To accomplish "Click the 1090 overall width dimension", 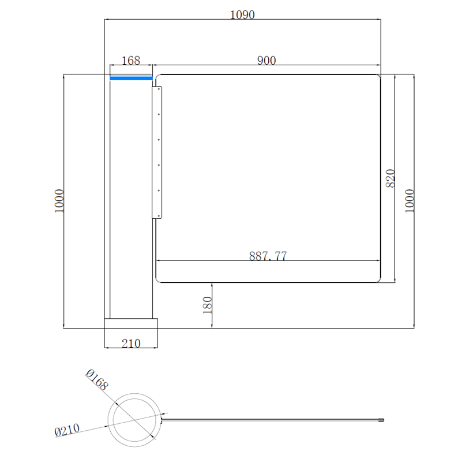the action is tap(242, 14).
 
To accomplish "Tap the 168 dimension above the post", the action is tap(131, 61).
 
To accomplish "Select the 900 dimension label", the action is tap(266, 61).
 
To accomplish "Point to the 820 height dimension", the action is tap(391, 178).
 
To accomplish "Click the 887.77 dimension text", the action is tap(268, 256).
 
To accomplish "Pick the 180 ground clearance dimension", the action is tap(207, 305).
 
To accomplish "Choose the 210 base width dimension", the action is tap(131, 344).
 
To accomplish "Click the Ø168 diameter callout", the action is tap(97, 379).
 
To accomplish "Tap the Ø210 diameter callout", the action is tap(67, 430).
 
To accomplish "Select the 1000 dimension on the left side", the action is tap(59, 201).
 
